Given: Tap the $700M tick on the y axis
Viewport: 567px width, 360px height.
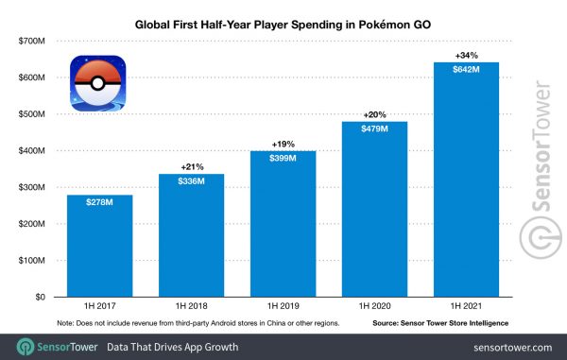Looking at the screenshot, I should click(x=31, y=42).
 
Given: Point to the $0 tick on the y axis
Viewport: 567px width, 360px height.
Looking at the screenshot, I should click(x=40, y=297).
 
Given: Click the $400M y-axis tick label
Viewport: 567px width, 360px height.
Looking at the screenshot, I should click(x=31, y=151).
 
